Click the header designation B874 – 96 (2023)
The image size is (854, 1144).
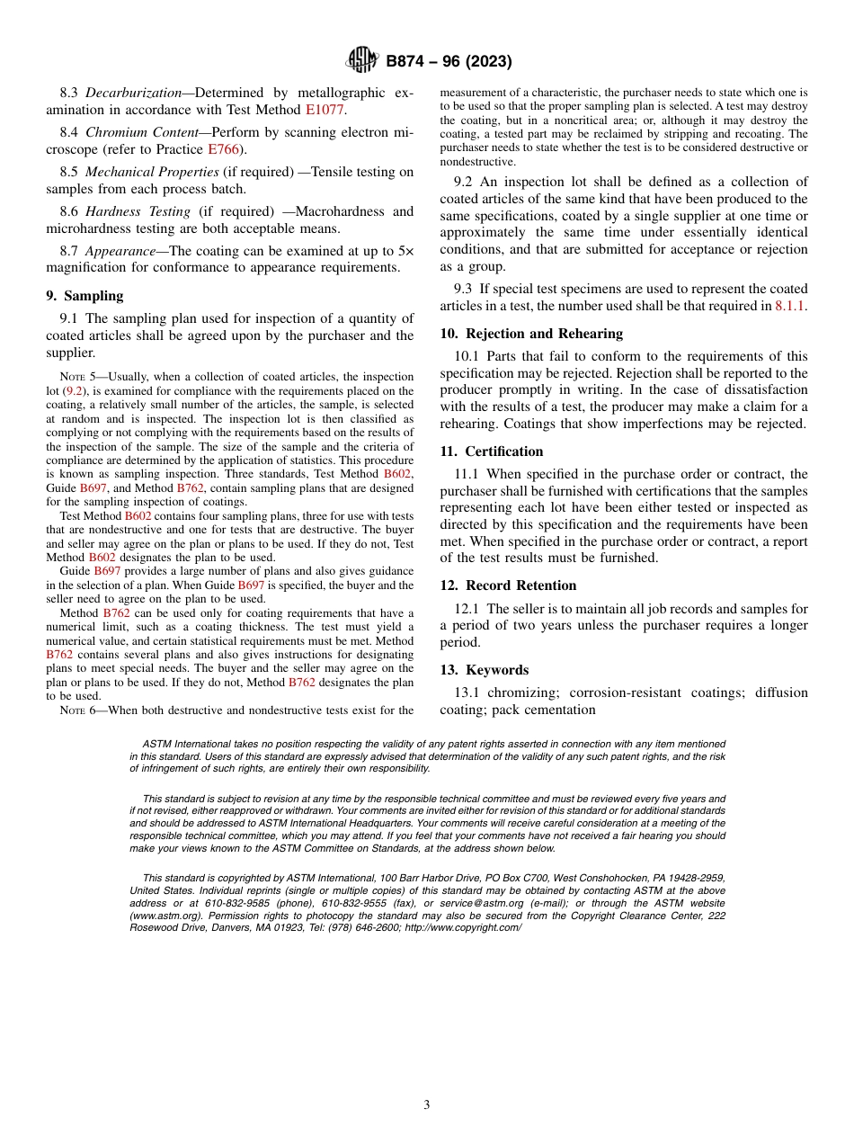point(449,62)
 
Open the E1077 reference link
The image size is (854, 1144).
point(325,110)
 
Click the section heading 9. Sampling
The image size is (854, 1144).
point(85,296)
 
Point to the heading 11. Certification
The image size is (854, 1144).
point(492,451)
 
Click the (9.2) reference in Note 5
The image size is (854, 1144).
point(75,391)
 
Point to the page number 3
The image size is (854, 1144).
point(427,1104)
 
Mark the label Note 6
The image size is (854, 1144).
point(76,711)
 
